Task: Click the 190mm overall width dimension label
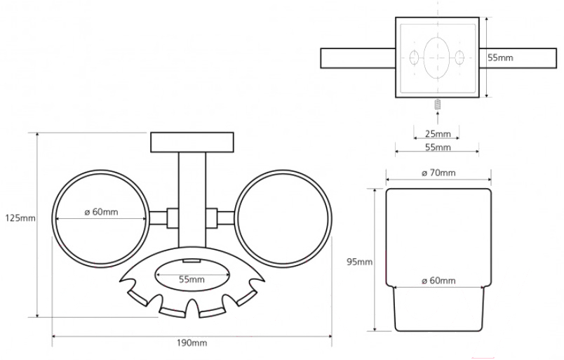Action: click(x=192, y=342)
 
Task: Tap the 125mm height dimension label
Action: click(x=20, y=218)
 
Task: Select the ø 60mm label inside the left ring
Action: click(x=101, y=212)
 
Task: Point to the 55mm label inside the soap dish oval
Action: click(x=192, y=279)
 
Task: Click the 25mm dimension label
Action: click(x=438, y=134)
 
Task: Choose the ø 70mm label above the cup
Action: click(x=438, y=173)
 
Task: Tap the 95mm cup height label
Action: click(x=359, y=262)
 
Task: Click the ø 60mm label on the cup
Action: click(x=438, y=280)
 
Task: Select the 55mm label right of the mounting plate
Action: click(x=500, y=58)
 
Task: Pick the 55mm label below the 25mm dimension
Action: click(x=438, y=147)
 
